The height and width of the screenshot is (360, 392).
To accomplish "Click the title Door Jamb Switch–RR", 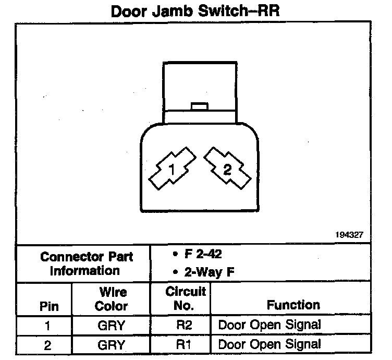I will (x=195, y=11).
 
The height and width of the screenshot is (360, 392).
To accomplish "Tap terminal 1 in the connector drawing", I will (x=170, y=169).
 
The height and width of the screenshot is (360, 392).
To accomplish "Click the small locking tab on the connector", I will (x=200, y=106).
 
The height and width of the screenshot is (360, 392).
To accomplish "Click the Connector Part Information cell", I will (x=87, y=263).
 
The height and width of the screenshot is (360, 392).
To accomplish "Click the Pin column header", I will (x=49, y=306).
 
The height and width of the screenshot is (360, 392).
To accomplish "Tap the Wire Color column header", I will (x=111, y=298).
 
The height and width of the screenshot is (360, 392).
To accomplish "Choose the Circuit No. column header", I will (x=186, y=298).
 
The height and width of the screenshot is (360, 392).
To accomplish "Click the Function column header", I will (x=293, y=305).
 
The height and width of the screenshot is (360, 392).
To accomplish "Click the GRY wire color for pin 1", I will (x=111, y=326).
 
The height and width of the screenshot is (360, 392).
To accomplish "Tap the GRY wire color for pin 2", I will (x=111, y=344).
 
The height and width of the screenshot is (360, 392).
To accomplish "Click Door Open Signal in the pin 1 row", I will (x=269, y=325).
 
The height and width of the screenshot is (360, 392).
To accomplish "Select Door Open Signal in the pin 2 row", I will (x=269, y=344).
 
